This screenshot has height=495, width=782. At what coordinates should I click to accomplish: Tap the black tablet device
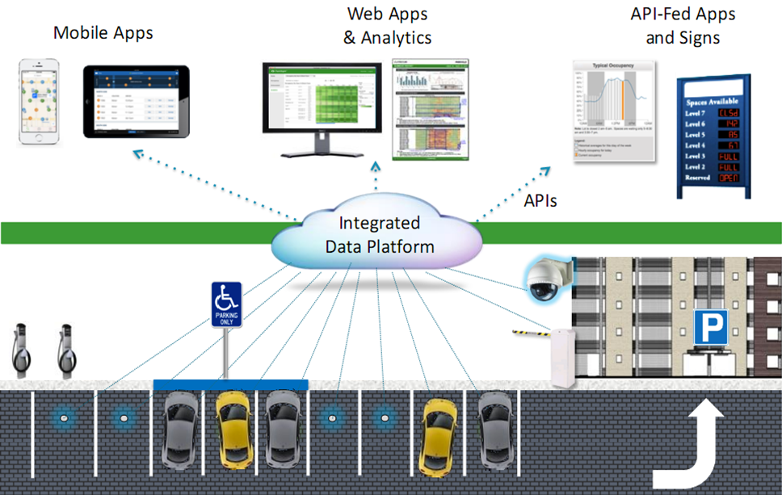pos(136,99)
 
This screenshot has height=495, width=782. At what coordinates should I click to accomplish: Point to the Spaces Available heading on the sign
pos(713,103)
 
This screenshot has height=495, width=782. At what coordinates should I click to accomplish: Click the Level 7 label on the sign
pos(696,115)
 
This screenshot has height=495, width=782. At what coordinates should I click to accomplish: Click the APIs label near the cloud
pos(540,201)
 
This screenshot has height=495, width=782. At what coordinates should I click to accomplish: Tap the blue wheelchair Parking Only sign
pos(226,304)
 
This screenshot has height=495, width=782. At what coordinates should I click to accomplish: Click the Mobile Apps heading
pos(103,33)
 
